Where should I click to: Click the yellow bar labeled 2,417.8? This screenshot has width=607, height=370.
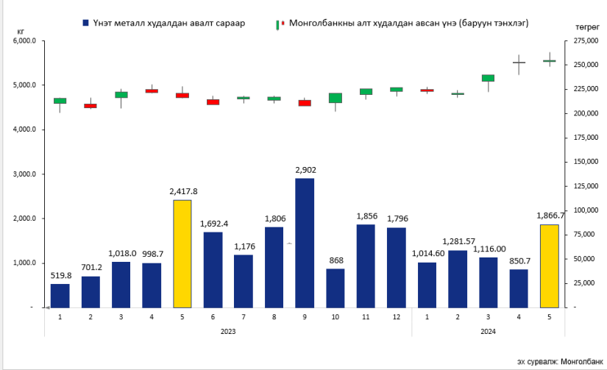182,253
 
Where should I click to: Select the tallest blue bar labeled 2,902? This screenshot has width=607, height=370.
305,242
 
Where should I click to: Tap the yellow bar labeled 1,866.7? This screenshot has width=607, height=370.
550,266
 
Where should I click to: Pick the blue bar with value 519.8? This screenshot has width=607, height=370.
60,295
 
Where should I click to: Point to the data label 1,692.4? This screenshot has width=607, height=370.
213,224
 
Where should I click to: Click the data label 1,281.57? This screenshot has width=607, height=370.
458,241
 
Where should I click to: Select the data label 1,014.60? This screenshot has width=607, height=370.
427,254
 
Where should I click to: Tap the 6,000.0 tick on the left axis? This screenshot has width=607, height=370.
24,41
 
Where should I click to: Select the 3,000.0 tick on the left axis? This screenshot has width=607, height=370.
24,174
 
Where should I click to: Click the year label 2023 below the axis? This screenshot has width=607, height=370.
228,332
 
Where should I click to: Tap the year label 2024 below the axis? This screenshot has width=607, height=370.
488,332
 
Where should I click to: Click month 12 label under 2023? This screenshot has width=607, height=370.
397,316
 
